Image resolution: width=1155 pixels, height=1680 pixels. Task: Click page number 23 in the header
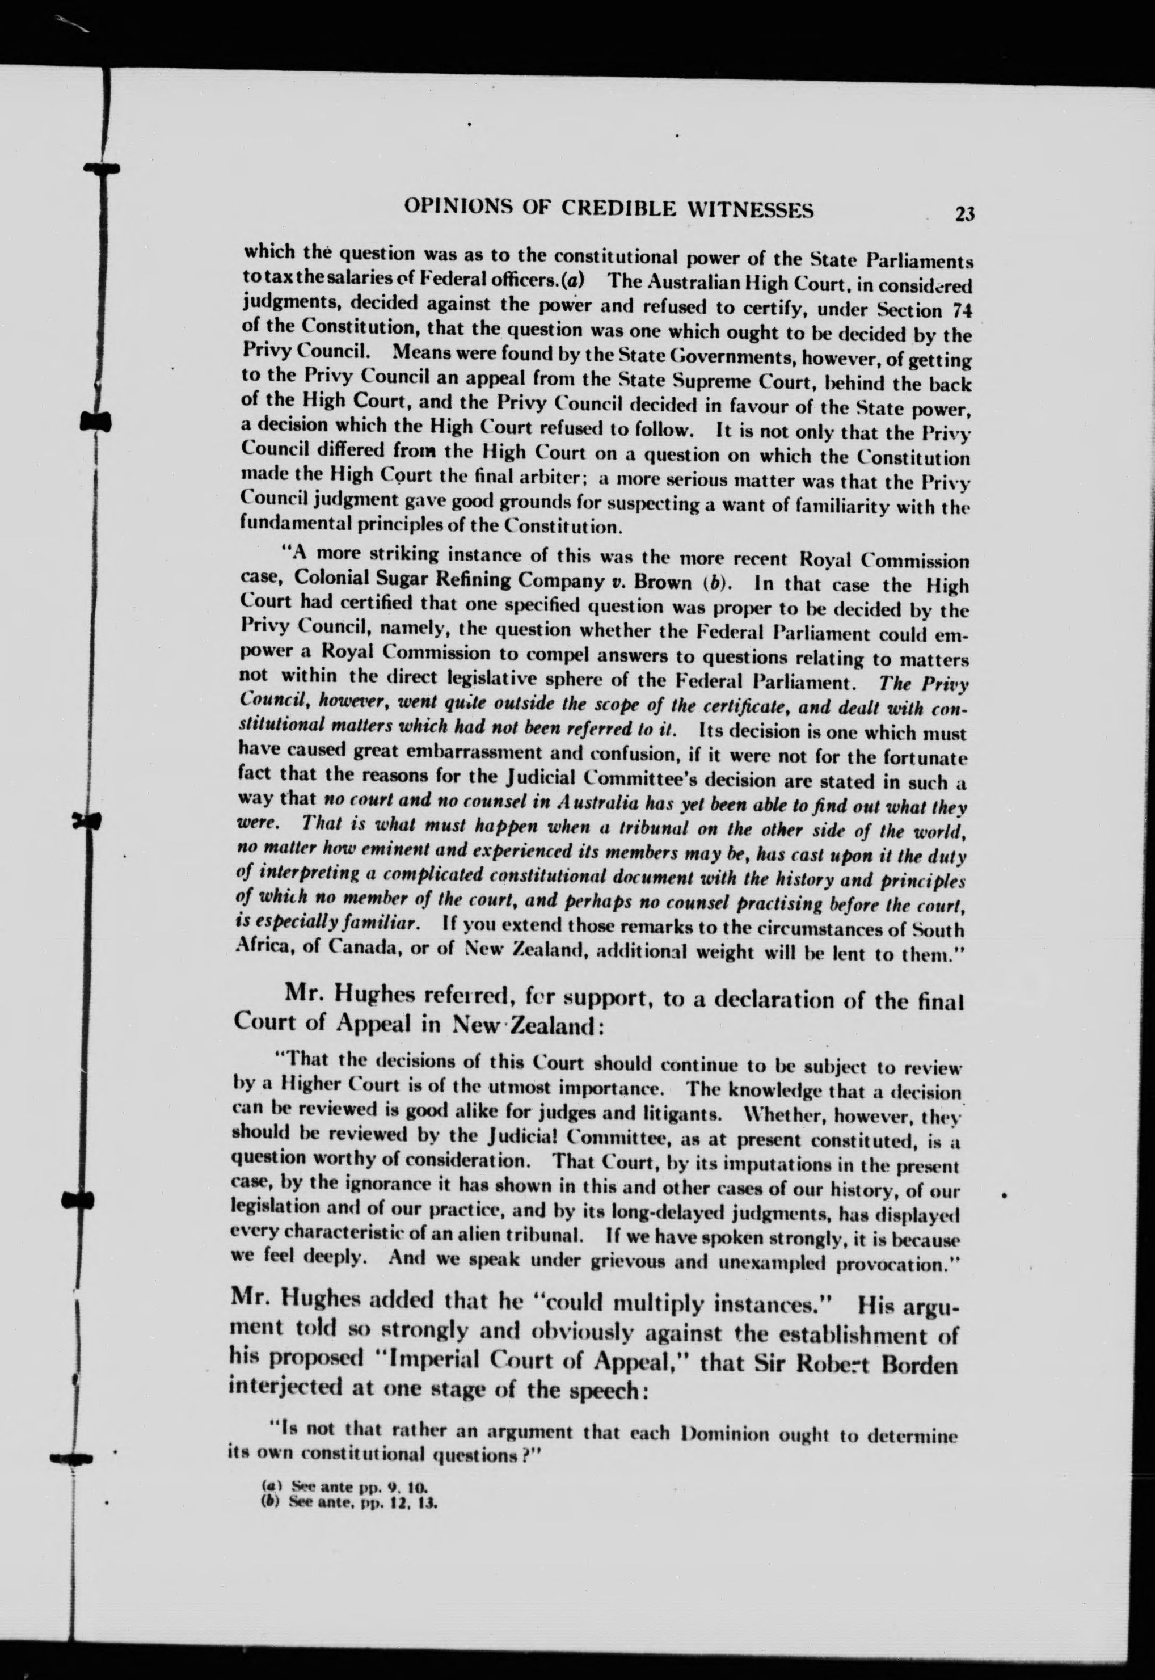[964, 214]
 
